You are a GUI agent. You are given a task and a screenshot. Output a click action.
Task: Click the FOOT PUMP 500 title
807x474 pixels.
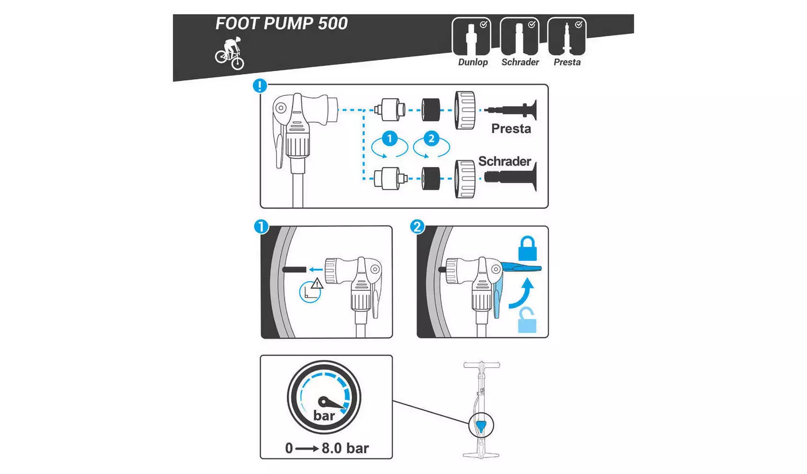(x=281, y=24)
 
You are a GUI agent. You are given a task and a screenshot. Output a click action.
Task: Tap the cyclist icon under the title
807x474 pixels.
(x=230, y=54)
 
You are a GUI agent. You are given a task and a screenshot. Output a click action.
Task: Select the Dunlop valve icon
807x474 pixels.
(x=471, y=37)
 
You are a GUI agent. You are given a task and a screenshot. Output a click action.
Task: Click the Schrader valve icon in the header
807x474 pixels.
(x=519, y=37)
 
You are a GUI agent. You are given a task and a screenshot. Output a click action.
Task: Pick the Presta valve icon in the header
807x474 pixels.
(x=567, y=37)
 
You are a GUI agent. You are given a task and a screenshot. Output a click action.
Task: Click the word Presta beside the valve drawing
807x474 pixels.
(x=511, y=129)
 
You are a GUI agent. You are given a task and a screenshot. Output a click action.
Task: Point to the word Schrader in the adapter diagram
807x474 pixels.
(x=504, y=161)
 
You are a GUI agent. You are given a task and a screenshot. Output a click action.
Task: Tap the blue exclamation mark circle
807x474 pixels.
(x=260, y=86)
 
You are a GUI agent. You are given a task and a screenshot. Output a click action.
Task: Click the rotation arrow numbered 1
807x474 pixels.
(x=390, y=144)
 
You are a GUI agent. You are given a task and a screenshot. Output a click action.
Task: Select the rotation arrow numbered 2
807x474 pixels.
(x=431, y=144)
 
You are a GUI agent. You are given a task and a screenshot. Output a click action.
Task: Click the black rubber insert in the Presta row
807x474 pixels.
(x=431, y=110)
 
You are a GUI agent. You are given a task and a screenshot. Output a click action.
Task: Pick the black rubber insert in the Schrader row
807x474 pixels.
(x=431, y=178)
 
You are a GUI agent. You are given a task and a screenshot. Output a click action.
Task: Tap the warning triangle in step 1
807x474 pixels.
(x=317, y=283)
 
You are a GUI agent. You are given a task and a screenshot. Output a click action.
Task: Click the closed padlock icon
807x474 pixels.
(x=527, y=248)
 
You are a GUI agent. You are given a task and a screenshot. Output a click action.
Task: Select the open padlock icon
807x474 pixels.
(x=527, y=320)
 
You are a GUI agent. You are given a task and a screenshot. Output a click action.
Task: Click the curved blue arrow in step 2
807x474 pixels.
(x=523, y=294)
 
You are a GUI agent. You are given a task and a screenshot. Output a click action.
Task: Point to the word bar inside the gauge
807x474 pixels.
(x=324, y=416)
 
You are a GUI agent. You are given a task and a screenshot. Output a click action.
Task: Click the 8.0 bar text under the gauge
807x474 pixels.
(x=345, y=448)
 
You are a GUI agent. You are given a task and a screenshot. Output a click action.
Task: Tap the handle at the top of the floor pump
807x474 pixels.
(x=482, y=365)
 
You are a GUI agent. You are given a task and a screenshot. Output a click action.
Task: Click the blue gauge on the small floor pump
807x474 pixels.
(x=480, y=426)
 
